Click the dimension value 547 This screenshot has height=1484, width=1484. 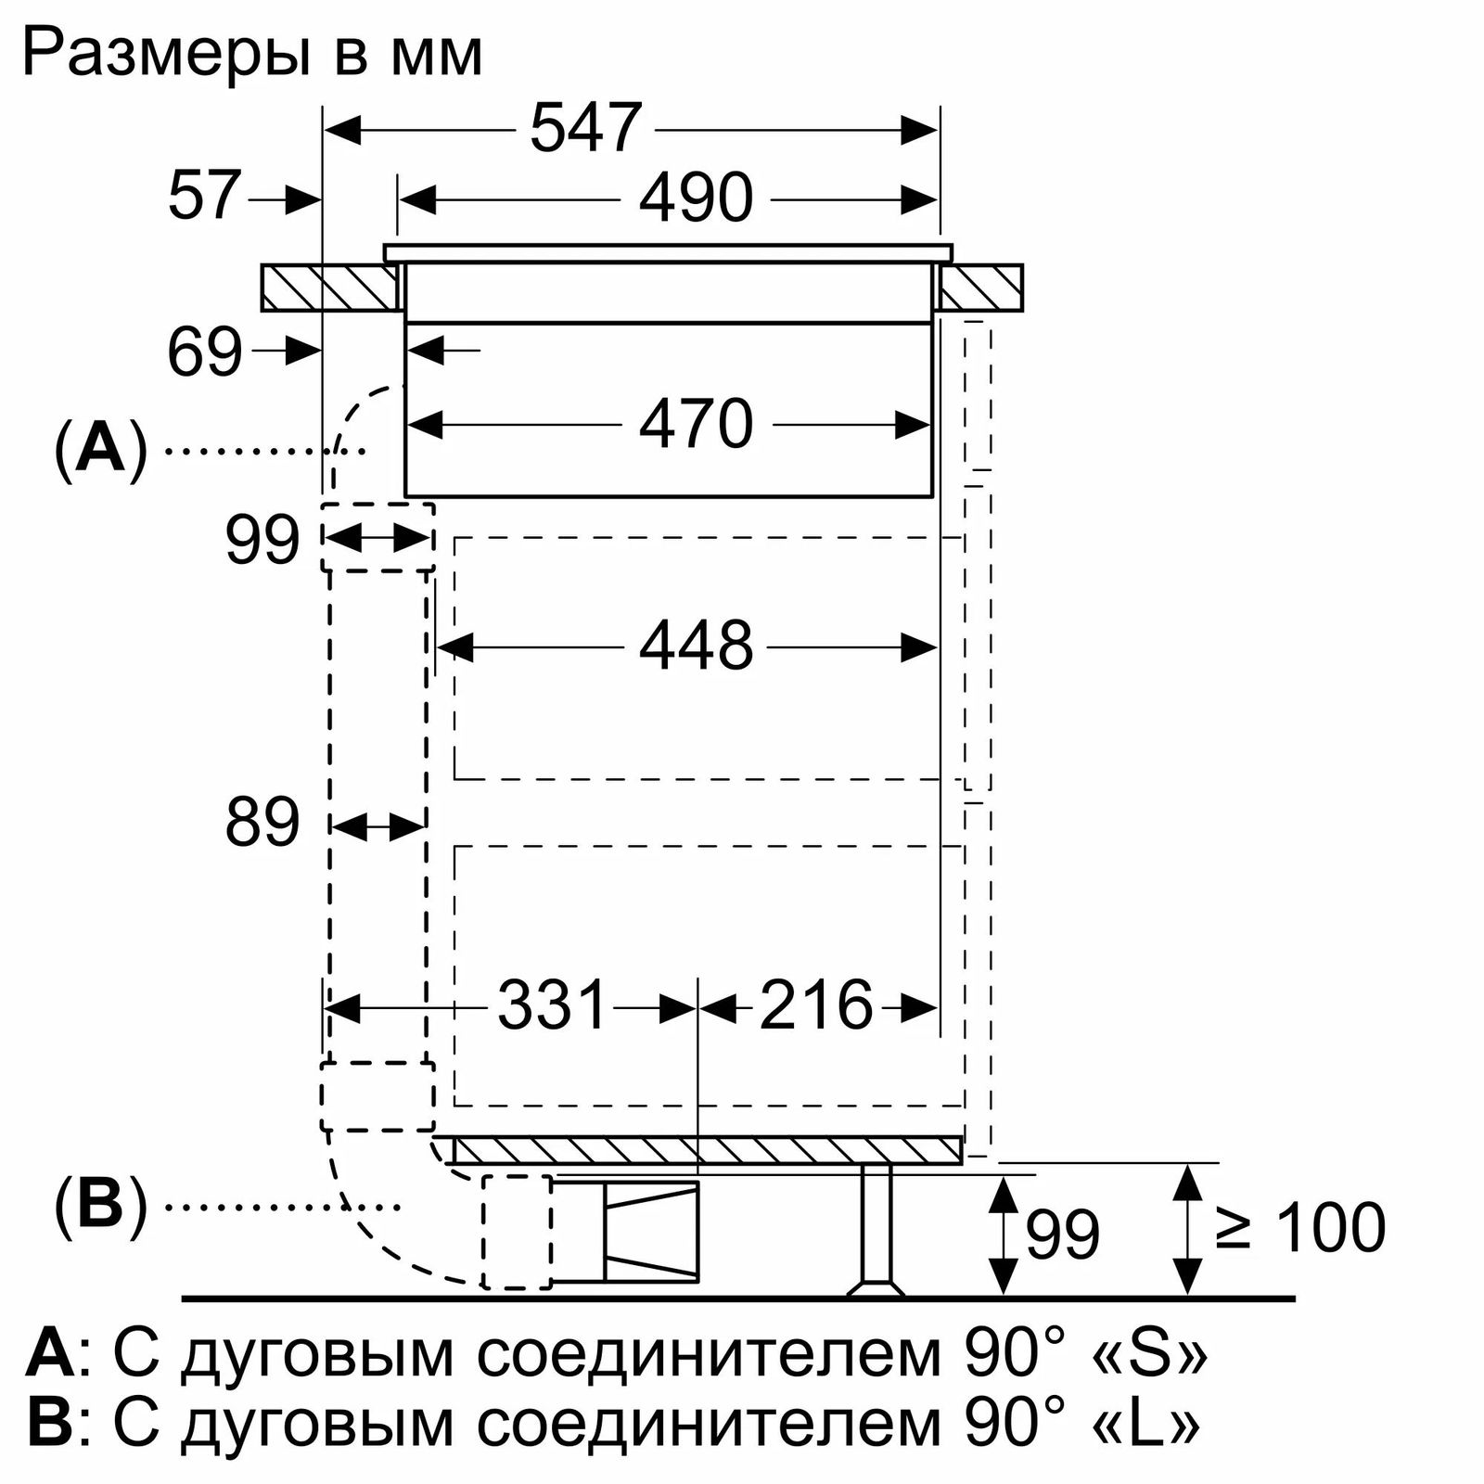coord(586,128)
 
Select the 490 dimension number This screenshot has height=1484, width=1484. coord(696,198)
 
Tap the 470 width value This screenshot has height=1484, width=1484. coord(696,425)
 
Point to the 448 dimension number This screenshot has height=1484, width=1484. coord(696,646)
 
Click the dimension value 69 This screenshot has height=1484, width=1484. coord(205,352)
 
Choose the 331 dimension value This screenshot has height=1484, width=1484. coord(552,1004)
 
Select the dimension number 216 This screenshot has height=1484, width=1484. coord(816,1004)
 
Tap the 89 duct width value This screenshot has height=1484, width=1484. coord(262,822)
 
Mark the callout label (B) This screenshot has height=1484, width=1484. coord(101,1205)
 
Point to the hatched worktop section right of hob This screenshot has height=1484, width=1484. coord(980,288)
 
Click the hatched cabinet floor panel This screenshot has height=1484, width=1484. coord(707,1150)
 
